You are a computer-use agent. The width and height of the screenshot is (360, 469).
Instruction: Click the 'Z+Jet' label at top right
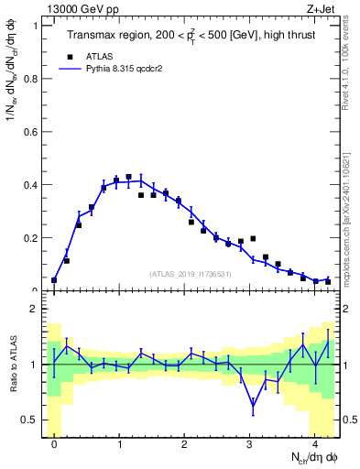tap(323, 7)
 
